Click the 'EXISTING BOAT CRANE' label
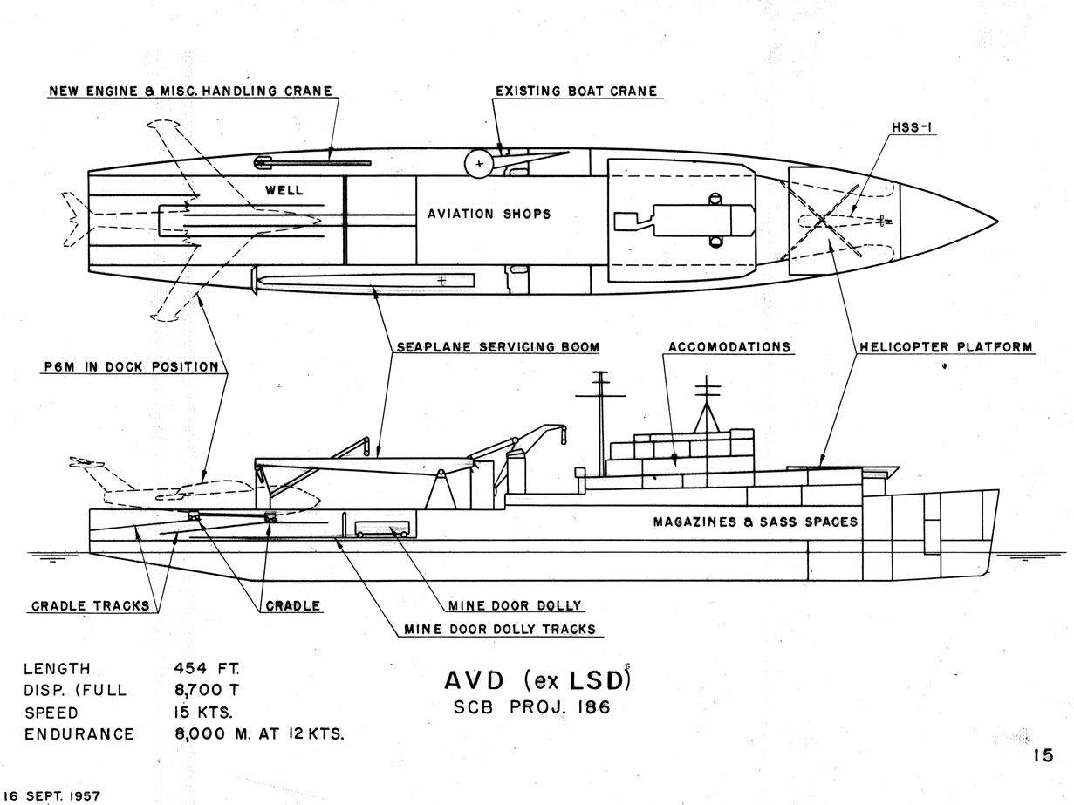pyautogui.click(x=576, y=91)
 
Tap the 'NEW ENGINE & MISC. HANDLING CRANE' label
pyautogui.click(x=190, y=91)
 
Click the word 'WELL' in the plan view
pyautogui.click(x=284, y=189)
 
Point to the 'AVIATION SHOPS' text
pyautogui.click(x=489, y=214)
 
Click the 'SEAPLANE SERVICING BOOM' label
pyautogui.click(x=497, y=347)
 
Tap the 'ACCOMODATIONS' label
pyautogui.click(x=729, y=347)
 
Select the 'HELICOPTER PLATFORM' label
pyautogui.click(x=946, y=347)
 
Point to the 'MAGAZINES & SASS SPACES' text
pyautogui.click(x=756, y=522)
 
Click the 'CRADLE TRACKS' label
pyautogui.click(x=90, y=606)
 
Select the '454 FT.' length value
pyautogui.click(x=207, y=669)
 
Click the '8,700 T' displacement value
pyautogui.click(x=207, y=690)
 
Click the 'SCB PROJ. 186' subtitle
pyautogui.click(x=532, y=706)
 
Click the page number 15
pyautogui.click(x=1043, y=756)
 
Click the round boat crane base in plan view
pyautogui.click(x=478, y=163)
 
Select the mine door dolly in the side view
pyautogui.click(x=382, y=529)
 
